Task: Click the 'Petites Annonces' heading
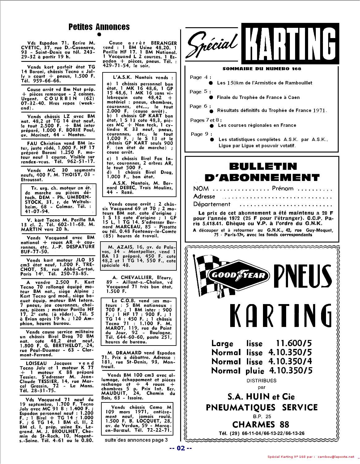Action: pyautogui.click(x=99, y=27)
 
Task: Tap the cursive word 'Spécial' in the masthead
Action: pyautogui.click(x=213, y=44)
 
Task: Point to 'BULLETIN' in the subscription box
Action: pyautogui.click(x=263, y=166)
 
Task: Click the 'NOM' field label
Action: pyautogui.click(x=201, y=189)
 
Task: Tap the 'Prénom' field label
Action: pyautogui.click(x=282, y=188)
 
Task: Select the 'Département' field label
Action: pyautogui.click(x=212, y=204)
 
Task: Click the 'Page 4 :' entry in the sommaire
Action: pyautogui.click(x=200, y=77)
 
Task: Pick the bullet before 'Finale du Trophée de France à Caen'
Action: pyautogui.click(x=211, y=97)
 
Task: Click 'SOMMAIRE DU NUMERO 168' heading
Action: pyautogui.click(x=261, y=69)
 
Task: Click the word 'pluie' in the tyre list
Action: pyautogui.click(x=255, y=371)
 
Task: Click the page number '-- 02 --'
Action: pyautogui.click(x=181, y=448)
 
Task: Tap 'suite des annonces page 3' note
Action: pyautogui.click(x=136, y=440)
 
